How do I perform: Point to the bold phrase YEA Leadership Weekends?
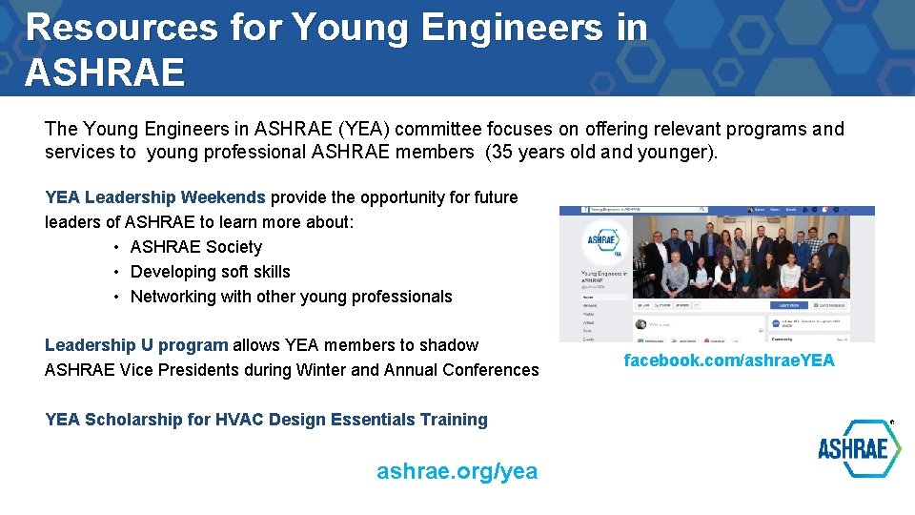click(155, 197)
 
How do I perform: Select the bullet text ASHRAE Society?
click(196, 247)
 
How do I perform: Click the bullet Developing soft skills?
click(210, 272)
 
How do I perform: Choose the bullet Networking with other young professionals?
click(291, 297)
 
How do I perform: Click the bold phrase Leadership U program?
click(136, 345)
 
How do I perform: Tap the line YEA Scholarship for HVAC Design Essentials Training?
click(266, 420)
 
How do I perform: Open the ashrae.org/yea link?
click(457, 471)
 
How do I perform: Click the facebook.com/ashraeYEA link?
click(729, 360)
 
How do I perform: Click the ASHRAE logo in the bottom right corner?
click(858, 448)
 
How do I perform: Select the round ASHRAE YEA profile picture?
click(606, 241)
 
